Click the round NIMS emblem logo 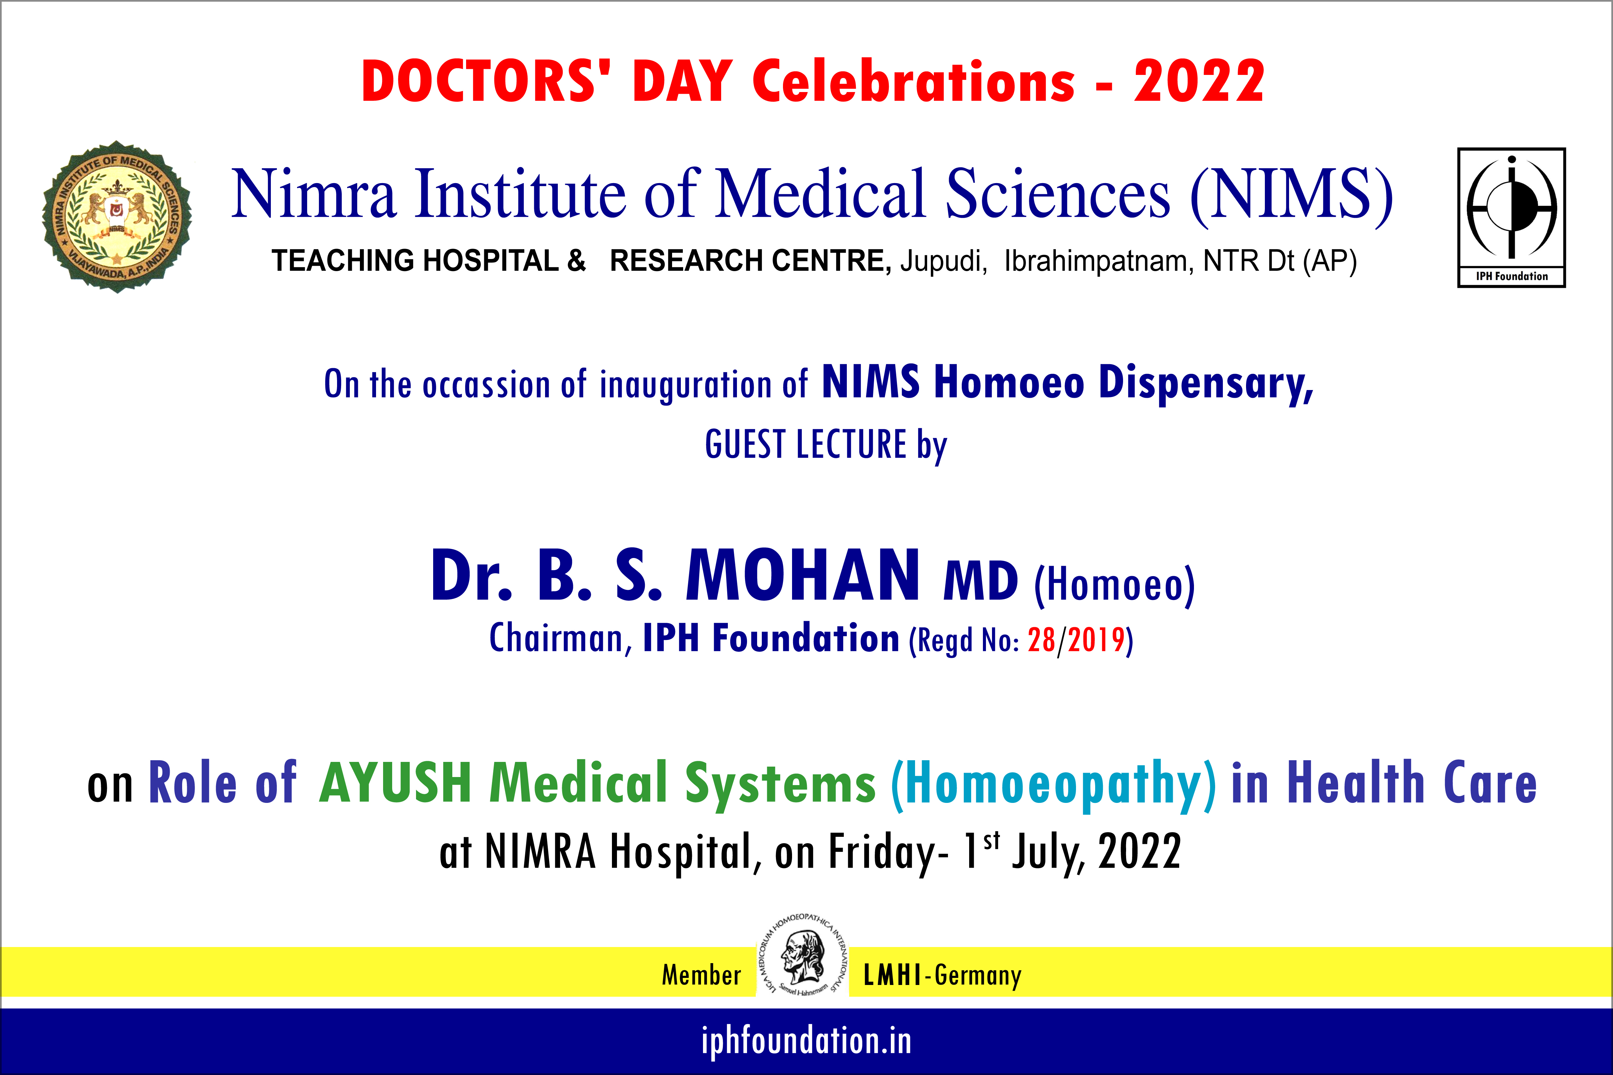point(117,217)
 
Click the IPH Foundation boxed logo point(1512,217)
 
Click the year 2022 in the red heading point(1199,82)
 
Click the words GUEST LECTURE point(806,444)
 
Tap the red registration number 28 point(1041,640)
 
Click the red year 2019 point(1096,640)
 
